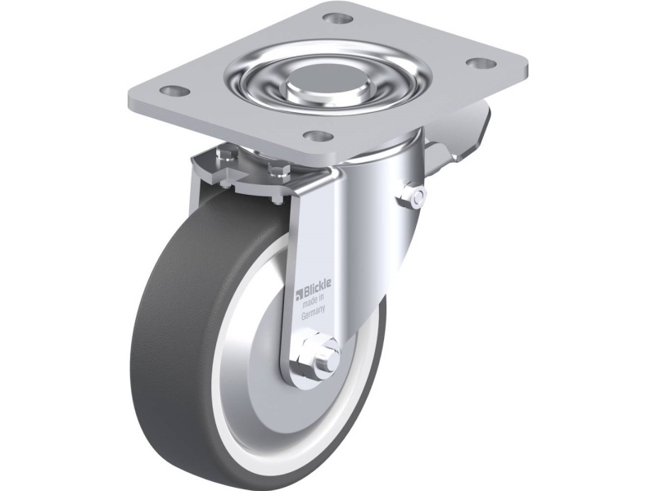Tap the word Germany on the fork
coord(314,317)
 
